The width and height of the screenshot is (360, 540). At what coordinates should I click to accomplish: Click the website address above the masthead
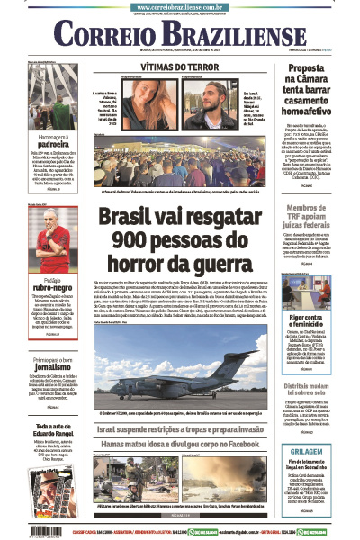pos(180,7)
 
